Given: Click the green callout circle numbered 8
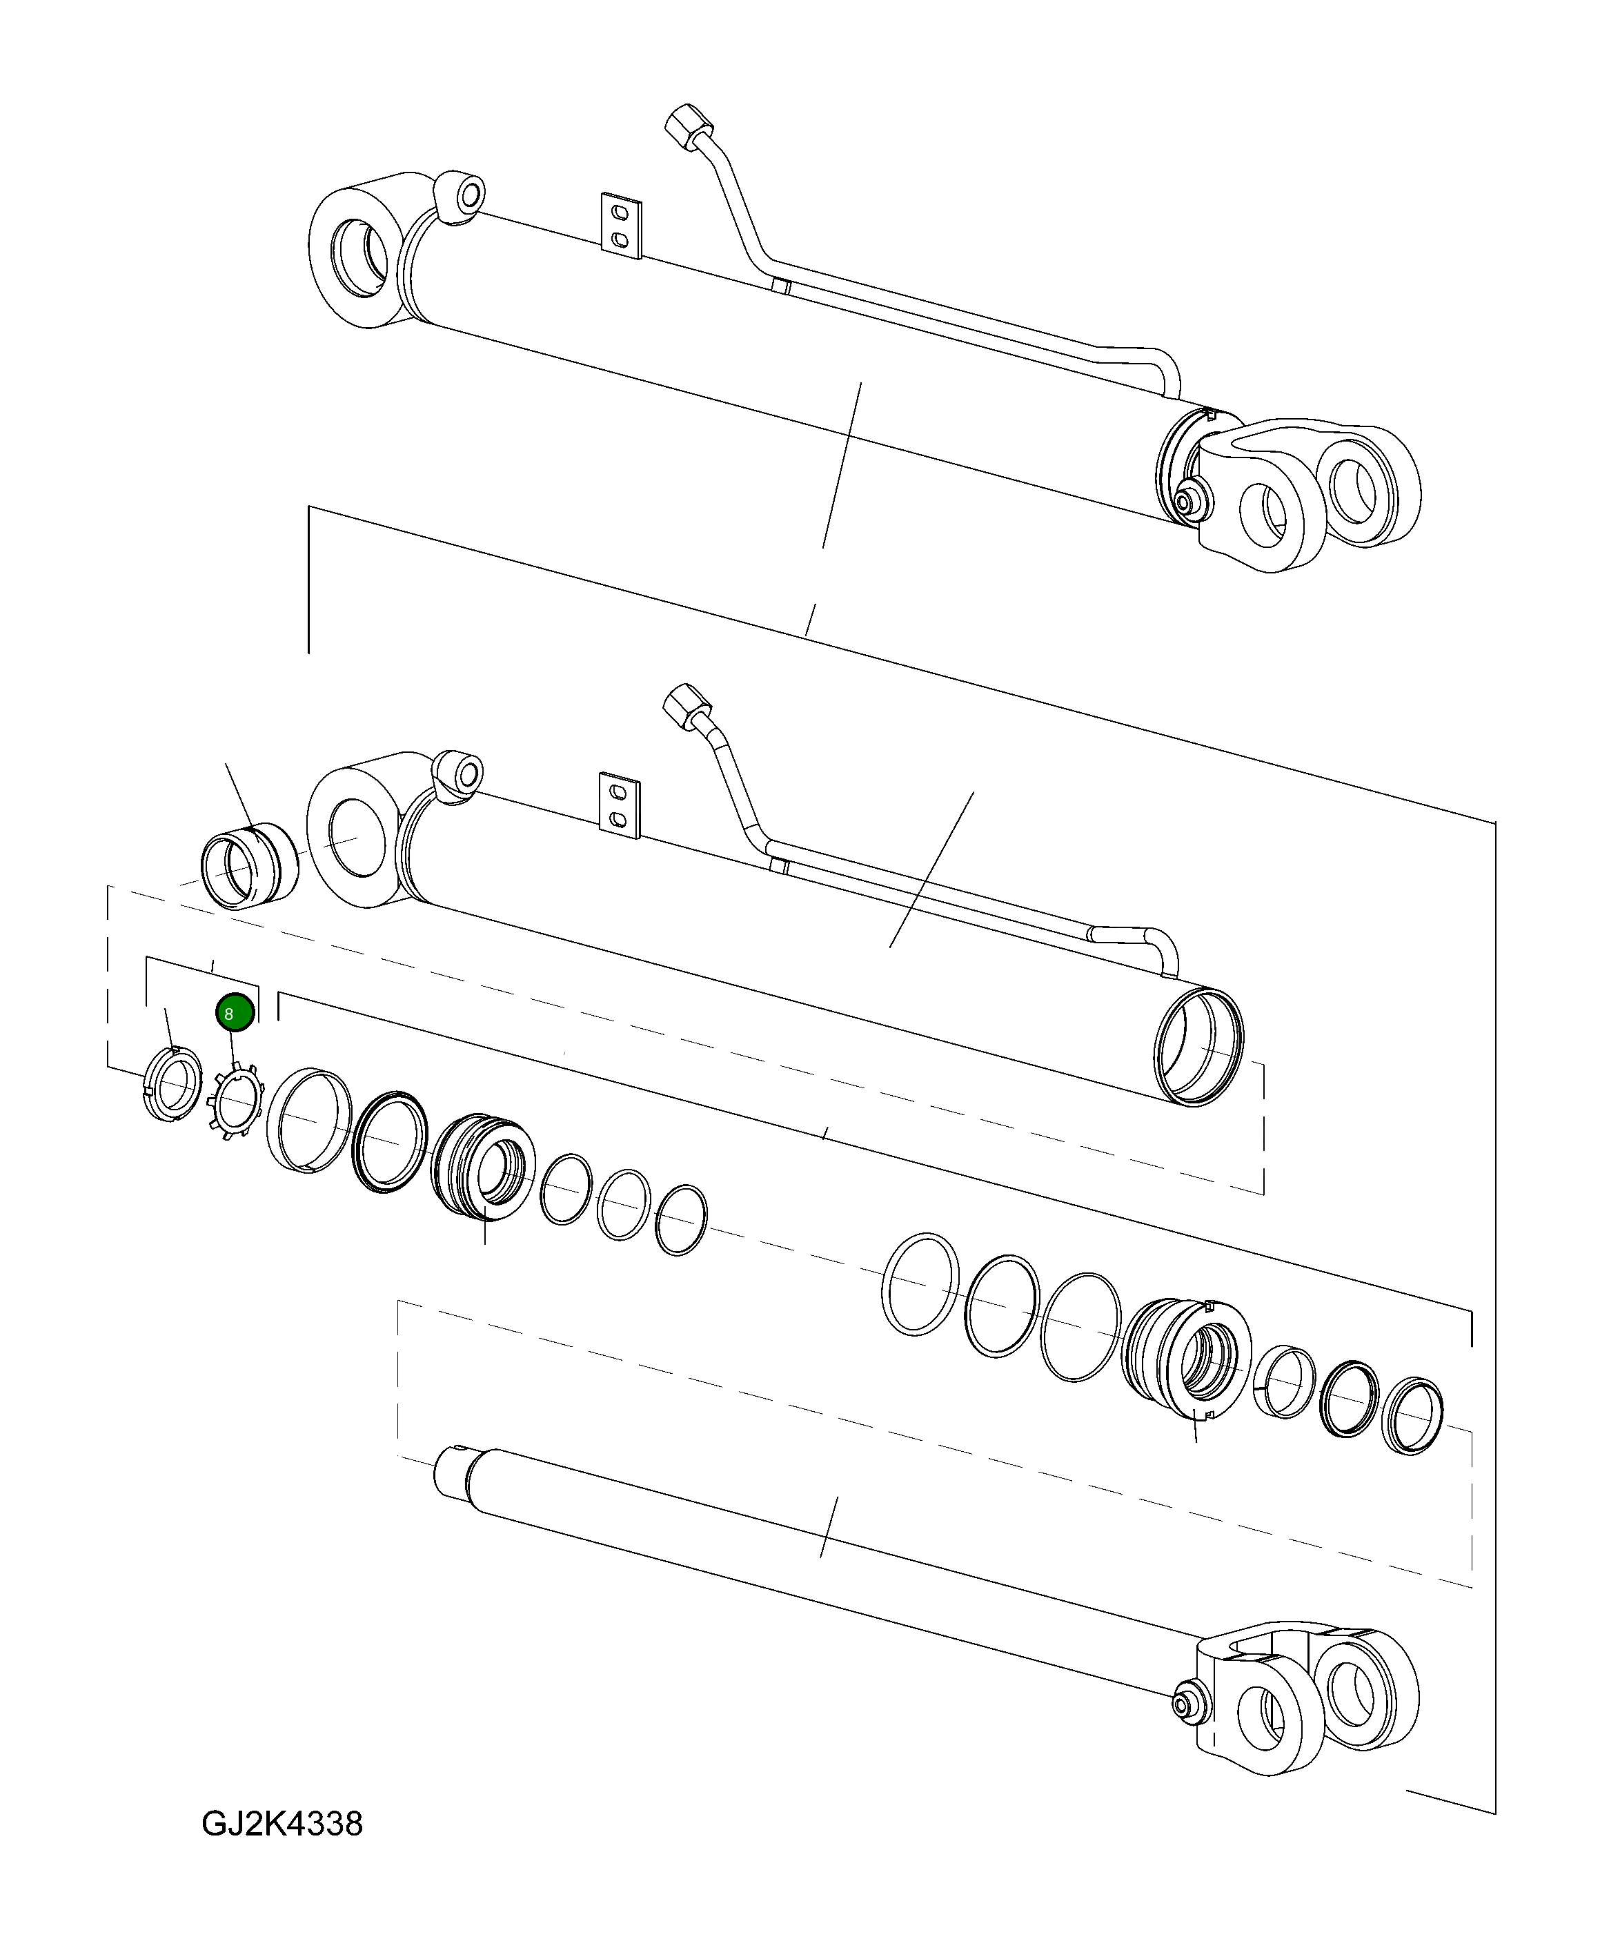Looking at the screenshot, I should (x=234, y=1013).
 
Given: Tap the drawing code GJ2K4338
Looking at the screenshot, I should (x=282, y=1823).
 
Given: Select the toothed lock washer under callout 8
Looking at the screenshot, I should (x=236, y=1101).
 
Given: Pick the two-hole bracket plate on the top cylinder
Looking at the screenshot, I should (x=621, y=226).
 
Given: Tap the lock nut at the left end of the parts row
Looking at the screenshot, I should (x=174, y=1085).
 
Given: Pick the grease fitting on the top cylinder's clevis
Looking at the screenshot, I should (x=1192, y=500).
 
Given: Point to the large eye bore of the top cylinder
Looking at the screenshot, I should (x=357, y=257).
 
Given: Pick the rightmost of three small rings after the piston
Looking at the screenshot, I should (x=681, y=1220).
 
